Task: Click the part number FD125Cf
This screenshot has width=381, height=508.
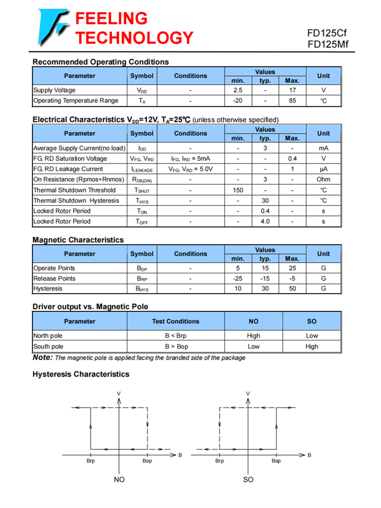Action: tap(327, 33)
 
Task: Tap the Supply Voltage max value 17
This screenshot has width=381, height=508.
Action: tap(292, 90)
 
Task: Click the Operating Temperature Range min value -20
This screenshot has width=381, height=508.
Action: tap(238, 101)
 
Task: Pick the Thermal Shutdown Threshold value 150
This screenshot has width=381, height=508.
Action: tap(238, 190)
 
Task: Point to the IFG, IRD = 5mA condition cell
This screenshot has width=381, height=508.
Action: tap(190, 158)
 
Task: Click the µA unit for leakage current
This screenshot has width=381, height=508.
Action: tap(323, 169)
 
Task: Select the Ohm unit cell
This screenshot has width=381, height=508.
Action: tap(323, 179)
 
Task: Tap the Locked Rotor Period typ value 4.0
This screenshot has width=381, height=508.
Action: tap(265, 221)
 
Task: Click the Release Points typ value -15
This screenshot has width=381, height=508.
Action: tap(265, 278)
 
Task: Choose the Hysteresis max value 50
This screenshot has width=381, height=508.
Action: tap(292, 289)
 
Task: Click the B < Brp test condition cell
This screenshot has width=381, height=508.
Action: tap(176, 336)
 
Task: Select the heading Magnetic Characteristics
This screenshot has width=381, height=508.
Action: tap(78, 240)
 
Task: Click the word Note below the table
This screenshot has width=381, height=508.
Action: tap(42, 358)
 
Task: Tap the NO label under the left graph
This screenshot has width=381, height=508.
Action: tap(119, 480)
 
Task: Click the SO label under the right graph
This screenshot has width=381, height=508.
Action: tap(248, 480)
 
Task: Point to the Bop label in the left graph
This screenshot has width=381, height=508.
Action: tap(147, 461)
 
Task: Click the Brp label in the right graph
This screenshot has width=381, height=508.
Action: tap(219, 461)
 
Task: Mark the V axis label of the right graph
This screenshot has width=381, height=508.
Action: tap(248, 394)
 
